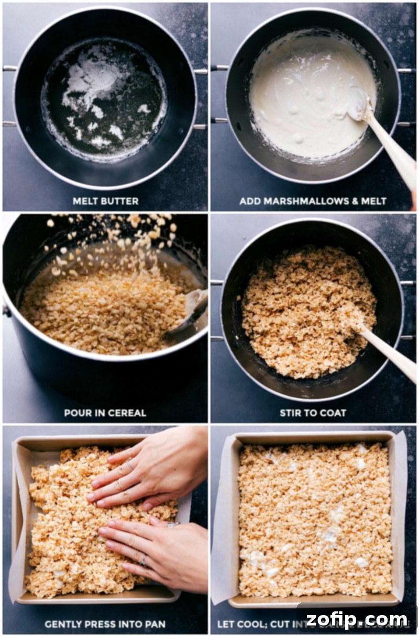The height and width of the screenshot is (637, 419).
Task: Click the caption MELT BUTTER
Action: click(x=105, y=201)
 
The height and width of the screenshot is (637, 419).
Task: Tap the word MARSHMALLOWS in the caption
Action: click(x=302, y=201)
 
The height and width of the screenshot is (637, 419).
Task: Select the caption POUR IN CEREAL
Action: click(x=105, y=413)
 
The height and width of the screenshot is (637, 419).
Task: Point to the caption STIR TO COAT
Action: click(x=313, y=413)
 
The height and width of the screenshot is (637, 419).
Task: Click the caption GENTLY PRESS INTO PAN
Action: click(x=105, y=624)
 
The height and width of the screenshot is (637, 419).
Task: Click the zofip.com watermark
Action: click(x=357, y=620)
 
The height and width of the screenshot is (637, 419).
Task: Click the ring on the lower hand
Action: click(x=142, y=561)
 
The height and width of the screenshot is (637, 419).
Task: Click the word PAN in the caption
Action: click(x=156, y=624)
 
